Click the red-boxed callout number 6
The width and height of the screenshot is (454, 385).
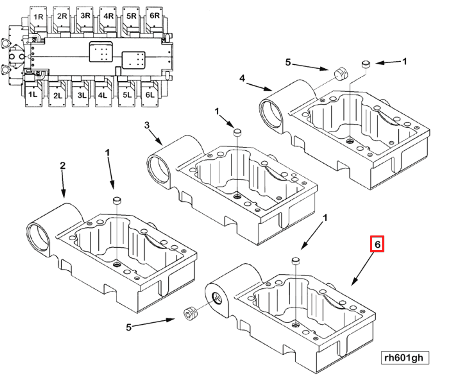pos(377,244)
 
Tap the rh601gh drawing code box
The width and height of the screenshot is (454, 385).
pos(405,358)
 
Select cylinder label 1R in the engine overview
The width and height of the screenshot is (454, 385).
pos(38,17)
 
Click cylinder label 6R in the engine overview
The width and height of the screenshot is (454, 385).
pos(155,16)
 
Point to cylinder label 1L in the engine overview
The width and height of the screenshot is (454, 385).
pos(33,94)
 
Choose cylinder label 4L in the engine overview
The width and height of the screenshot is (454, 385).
pos(102,95)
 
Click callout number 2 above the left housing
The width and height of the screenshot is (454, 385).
pos(62,165)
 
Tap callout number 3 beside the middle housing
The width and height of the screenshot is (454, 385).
pos(147,125)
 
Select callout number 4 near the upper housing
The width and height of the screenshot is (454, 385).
pos(242,78)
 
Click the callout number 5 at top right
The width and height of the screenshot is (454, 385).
pos(288,62)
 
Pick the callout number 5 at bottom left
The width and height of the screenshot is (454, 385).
pos(129,327)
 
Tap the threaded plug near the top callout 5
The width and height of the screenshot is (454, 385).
pos(341,74)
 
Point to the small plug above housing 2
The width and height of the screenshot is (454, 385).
pos(117,200)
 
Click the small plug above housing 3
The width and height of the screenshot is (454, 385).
pos(237,132)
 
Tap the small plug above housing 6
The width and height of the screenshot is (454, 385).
pos(296,261)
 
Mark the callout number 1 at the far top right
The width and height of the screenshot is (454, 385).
pos(404,62)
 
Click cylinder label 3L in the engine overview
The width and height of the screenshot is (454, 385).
pos(82,95)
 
